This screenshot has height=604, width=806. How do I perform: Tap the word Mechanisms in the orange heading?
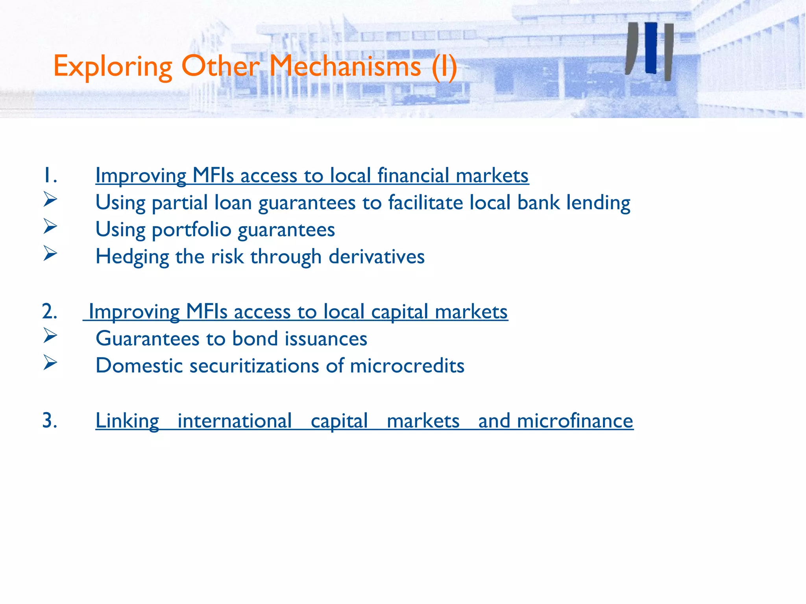pyautogui.click(x=345, y=66)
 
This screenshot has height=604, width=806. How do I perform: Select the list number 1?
pyautogui.click(x=50, y=175)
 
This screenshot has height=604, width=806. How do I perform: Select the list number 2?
pyautogui.click(x=50, y=311)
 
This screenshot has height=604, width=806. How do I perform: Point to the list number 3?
pyautogui.click(x=50, y=420)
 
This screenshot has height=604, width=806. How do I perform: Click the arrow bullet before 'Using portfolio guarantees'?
pyautogui.click(x=50, y=226)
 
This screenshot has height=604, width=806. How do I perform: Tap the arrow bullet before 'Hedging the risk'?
pyautogui.click(x=50, y=254)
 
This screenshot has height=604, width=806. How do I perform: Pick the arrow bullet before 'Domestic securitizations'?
pyautogui.click(x=50, y=363)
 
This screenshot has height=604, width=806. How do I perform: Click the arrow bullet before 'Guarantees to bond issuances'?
pyautogui.click(x=50, y=335)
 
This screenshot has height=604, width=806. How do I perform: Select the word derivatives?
pyautogui.click(x=377, y=257)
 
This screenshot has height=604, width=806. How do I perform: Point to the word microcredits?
pyautogui.click(x=407, y=366)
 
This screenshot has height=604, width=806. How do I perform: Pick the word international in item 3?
pyautogui.click(x=235, y=421)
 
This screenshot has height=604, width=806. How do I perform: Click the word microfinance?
pyautogui.click(x=575, y=421)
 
